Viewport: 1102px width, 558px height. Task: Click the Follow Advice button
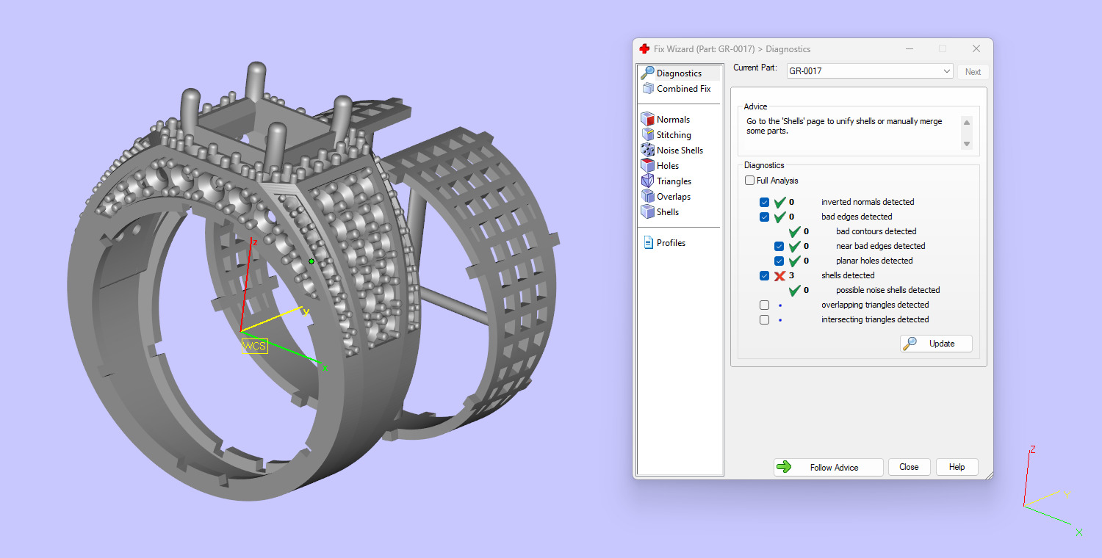coord(828,467)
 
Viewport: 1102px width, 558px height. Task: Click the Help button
coord(957,467)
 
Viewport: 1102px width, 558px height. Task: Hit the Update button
coord(936,344)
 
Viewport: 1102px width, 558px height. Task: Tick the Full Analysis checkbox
coord(749,181)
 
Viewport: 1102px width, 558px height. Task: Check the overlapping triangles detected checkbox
coord(764,305)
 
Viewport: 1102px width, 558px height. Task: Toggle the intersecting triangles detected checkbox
coord(764,319)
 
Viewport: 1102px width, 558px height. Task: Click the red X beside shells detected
coord(780,276)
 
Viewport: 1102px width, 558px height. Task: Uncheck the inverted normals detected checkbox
coord(764,202)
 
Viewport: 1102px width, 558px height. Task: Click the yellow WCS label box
coord(255,347)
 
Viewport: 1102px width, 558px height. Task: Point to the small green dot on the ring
coord(311,261)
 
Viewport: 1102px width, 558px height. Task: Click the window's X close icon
coord(976,49)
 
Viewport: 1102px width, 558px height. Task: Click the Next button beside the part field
coord(973,72)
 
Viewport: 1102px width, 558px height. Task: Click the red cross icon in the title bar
coord(644,49)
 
